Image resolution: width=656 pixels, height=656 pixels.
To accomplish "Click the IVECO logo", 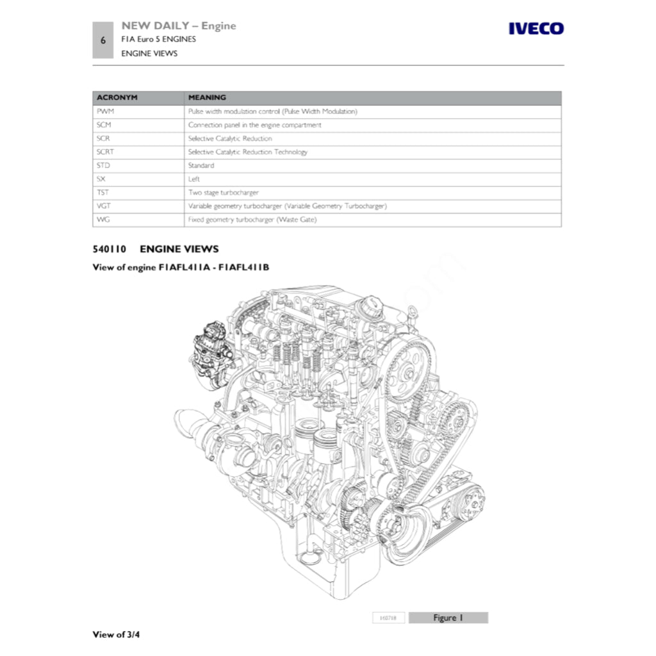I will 536,29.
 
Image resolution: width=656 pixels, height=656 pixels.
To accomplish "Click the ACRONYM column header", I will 117,97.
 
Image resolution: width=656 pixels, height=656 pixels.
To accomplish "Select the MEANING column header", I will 207,97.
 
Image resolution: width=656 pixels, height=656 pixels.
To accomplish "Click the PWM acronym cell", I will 105,111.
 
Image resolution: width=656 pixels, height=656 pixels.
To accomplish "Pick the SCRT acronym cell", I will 106,152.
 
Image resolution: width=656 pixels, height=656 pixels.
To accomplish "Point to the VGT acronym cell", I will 104,206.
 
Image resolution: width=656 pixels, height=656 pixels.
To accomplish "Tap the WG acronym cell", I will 103,220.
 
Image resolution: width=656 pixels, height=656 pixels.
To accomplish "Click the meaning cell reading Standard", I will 201,165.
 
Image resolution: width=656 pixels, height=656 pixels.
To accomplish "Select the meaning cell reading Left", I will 194,179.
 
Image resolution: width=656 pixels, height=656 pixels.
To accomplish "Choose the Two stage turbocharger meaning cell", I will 223,193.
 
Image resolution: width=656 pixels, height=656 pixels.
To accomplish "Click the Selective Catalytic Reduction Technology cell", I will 247,152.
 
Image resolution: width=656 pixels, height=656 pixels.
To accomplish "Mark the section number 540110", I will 110,249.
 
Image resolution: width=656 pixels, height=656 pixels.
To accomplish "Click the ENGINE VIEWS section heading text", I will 179,249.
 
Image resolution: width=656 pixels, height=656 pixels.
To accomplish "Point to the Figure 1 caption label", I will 448,618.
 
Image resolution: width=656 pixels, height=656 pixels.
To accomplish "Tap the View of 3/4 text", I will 116,635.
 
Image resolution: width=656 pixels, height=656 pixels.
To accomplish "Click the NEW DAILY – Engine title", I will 178,26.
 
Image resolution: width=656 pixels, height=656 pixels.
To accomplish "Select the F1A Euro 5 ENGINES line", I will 158,39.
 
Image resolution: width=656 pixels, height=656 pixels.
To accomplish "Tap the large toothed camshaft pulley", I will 411,368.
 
